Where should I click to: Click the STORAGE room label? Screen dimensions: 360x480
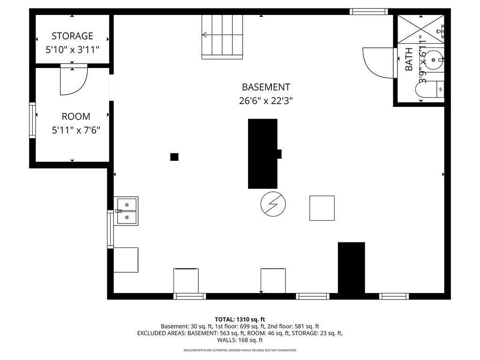72,36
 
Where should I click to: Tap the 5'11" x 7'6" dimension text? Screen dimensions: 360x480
75,130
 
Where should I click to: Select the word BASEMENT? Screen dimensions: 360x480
266,87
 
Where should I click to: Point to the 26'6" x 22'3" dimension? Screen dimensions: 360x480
266,100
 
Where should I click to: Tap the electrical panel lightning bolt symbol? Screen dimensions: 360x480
273,204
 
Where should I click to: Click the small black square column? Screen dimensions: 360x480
174,157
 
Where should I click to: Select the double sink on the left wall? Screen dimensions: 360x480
127,211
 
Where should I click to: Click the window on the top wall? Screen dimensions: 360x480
369,11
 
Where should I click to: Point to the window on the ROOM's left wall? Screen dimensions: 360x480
32,120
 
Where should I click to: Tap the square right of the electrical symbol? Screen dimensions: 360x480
322,208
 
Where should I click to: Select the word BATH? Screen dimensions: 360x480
409,60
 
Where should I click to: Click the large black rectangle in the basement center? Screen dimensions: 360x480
263,153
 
